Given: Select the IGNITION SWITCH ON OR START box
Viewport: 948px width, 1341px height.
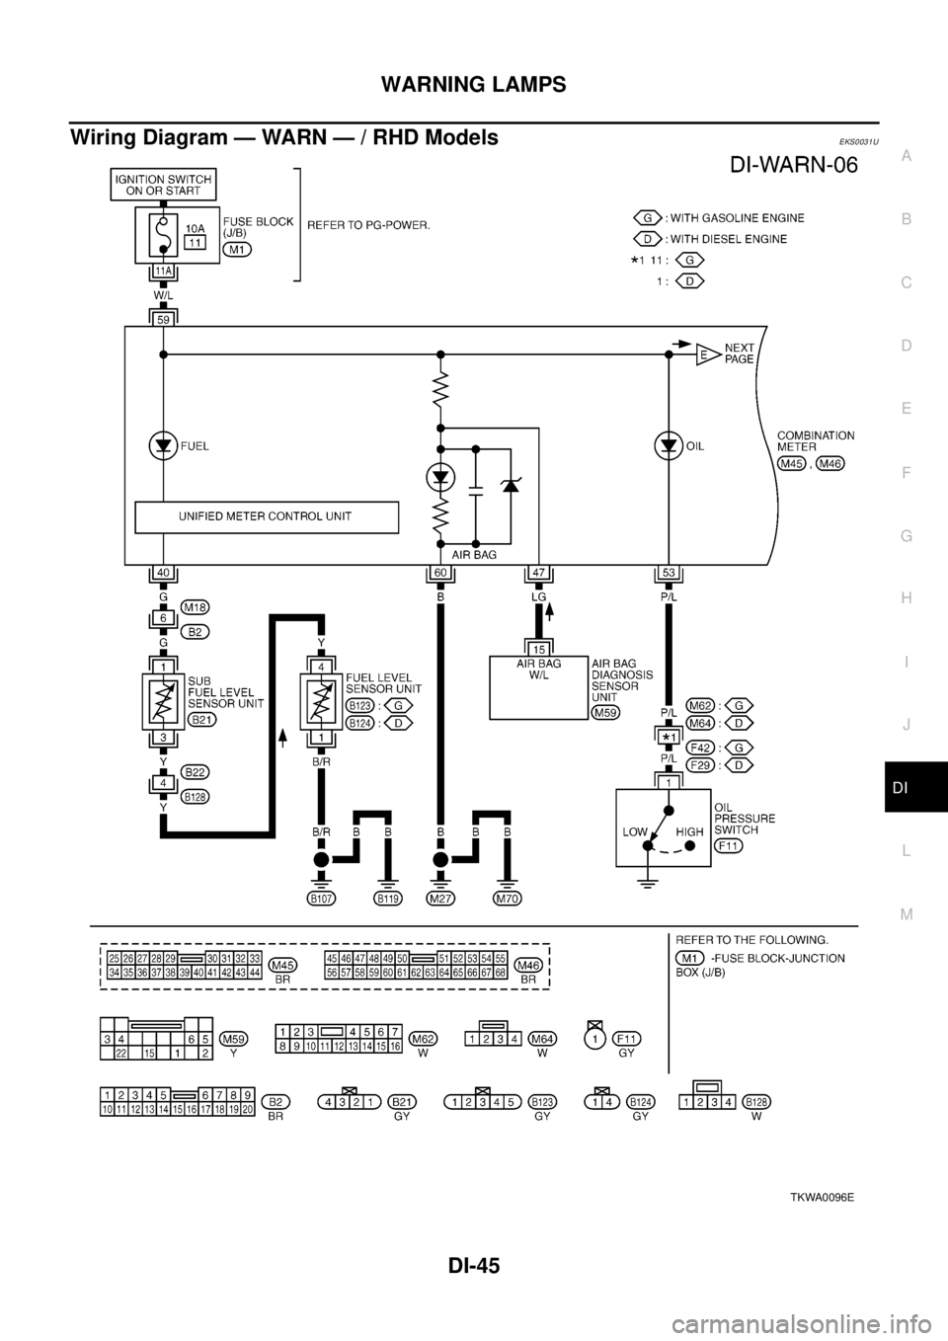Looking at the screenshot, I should pyautogui.click(x=162, y=184).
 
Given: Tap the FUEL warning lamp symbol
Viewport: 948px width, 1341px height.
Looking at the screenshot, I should pyautogui.click(x=162, y=445).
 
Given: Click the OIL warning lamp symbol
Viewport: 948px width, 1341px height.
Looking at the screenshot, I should pyautogui.click(x=668, y=445).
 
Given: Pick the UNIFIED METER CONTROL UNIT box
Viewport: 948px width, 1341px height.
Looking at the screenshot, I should pyautogui.click(x=266, y=516).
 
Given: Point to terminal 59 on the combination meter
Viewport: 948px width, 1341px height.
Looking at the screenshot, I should pyautogui.click(x=162, y=318).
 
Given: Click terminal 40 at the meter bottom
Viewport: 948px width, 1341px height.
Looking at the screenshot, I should pyautogui.click(x=162, y=573).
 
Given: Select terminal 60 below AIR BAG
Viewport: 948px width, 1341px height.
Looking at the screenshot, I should pyautogui.click(x=440, y=573).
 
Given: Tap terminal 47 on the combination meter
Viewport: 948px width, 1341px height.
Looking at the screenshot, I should pyautogui.click(x=538, y=573).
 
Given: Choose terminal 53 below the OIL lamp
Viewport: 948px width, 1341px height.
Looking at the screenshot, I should pyautogui.click(x=668, y=573).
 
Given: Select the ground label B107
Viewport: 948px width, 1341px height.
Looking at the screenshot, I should pyautogui.click(x=320, y=899).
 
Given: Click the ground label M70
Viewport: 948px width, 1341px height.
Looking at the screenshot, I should pyautogui.click(x=507, y=899).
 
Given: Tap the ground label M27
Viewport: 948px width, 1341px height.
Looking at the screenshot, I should pyautogui.click(x=440, y=899).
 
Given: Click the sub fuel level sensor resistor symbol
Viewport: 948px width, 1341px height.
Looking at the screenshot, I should pyautogui.click(x=162, y=702).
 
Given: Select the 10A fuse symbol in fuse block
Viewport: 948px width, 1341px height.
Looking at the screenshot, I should pyautogui.click(x=162, y=236).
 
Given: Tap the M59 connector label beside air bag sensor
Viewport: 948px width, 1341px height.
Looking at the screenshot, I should pyautogui.click(x=603, y=711).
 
